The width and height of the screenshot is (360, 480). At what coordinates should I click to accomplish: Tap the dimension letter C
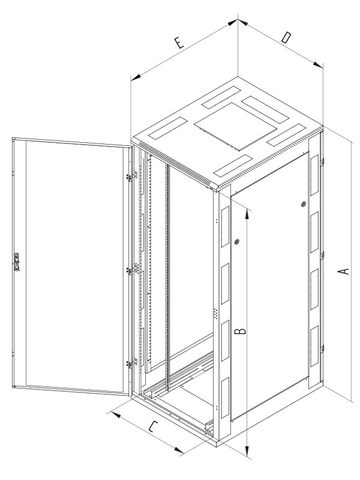pyautogui.click(x=154, y=427)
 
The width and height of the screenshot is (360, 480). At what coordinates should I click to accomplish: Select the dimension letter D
pyautogui.click(x=286, y=38)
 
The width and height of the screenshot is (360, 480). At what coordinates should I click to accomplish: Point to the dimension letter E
pyautogui.click(x=179, y=43)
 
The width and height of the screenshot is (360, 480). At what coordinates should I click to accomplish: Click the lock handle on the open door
pyautogui.click(x=17, y=262)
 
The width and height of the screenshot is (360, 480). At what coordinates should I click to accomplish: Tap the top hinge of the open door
pyautogui.click(x=132, y=176)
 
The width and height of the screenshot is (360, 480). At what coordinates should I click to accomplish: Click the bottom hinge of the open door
pyautogui.click(x=132, y=363)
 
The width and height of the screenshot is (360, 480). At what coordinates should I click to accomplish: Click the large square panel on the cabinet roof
pyautogui.click(x=235, y=126)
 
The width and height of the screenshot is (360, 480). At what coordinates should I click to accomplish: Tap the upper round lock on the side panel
pyautogui.click(x=304, y=204)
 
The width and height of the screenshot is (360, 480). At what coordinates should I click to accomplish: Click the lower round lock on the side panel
pyautogui.click(x=236, y=242)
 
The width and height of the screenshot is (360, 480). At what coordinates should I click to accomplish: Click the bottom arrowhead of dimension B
pyautogui.click(x=247, y=449)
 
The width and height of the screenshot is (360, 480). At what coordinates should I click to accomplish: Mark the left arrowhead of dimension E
pyautogui.click(x=136, y=77)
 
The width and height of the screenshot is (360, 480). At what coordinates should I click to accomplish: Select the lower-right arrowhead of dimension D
pyautogui.click(x=318, y=65)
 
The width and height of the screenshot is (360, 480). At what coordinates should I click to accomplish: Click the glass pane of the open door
pyautogui.click(x=73, y=265)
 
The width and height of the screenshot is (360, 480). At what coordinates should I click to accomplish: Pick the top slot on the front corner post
pyautogui.click(x=225, y=227)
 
